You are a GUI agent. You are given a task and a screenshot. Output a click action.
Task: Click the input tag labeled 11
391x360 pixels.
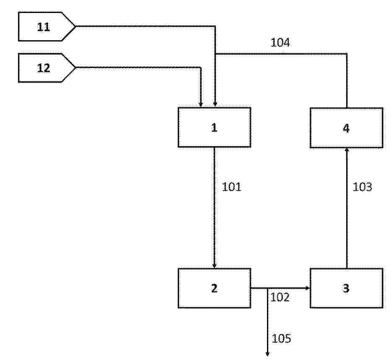47,26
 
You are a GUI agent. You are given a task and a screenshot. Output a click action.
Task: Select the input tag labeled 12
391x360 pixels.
47,67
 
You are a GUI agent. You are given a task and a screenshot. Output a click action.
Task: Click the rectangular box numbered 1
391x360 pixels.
215,127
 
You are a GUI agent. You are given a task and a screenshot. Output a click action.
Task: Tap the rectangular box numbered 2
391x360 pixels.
215,288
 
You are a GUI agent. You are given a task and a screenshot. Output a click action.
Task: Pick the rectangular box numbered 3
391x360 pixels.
347,288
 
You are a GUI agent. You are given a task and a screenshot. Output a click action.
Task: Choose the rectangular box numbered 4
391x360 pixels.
347,128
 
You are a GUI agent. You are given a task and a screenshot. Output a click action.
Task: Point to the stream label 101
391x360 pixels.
232,187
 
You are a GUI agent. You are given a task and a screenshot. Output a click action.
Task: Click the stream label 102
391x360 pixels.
280,297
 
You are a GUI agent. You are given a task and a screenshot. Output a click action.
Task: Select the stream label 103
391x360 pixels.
363,187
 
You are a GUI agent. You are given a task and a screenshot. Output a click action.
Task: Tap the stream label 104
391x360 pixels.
280,42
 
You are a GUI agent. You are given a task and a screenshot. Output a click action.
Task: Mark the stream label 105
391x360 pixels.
281,339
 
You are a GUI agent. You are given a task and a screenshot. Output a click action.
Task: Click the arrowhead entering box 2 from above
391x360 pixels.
215,266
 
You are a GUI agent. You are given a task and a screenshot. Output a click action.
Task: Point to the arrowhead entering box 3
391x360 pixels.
308,288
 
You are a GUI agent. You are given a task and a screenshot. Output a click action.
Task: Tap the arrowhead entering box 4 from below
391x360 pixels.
347,150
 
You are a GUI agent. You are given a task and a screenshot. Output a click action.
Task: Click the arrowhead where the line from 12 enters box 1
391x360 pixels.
201,105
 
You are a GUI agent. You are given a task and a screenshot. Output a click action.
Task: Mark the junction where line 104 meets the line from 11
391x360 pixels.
215,54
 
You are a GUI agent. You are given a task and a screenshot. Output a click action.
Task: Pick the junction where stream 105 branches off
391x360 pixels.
267,288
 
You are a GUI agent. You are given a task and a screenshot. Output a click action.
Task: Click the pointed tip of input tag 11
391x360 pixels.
75,26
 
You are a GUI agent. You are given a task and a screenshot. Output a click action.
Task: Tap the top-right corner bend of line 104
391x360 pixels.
347,54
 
